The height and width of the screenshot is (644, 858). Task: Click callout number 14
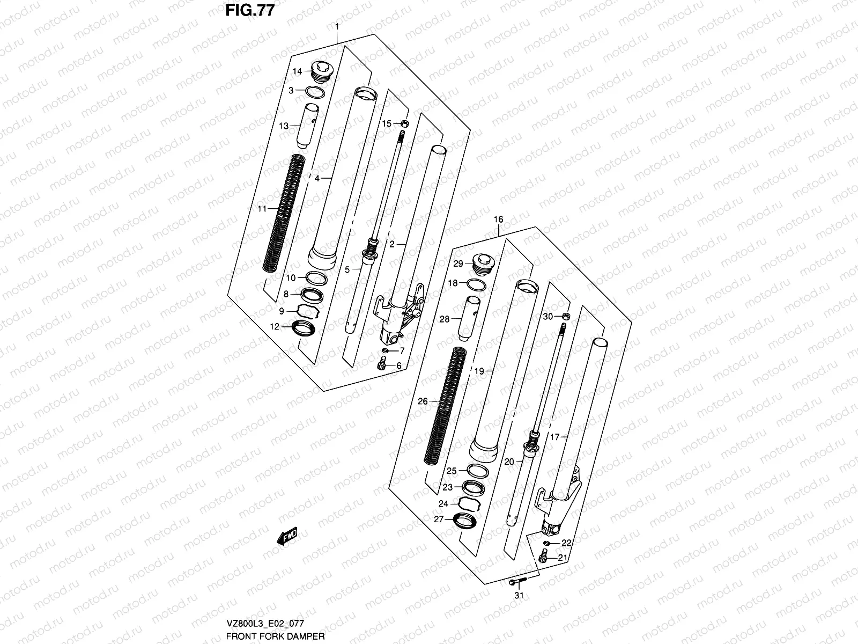tap(298, 71)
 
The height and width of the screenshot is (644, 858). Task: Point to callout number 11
tap(261, 209)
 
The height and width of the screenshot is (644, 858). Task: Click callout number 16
tap(499, 219)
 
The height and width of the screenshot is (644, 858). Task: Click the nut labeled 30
tap(565, 317)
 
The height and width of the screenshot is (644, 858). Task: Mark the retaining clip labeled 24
tap(466, 503)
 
